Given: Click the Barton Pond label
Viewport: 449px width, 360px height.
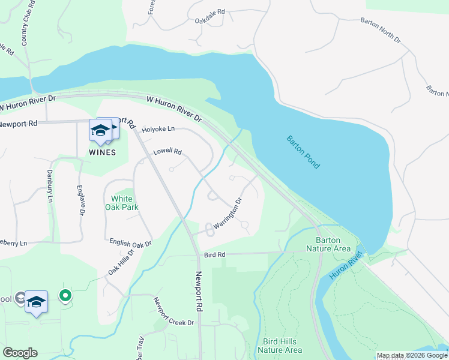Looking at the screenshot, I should (303, 152).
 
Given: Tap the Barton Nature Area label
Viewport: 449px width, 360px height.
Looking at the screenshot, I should (328, 244).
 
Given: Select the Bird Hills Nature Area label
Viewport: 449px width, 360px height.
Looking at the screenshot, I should (279, 346).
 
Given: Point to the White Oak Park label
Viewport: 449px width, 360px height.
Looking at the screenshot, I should (125, 203).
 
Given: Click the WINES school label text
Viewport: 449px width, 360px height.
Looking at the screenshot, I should (102, 152).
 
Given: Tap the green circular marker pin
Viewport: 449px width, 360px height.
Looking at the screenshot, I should (65, 295).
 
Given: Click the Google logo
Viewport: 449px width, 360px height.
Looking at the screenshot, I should (20, 353).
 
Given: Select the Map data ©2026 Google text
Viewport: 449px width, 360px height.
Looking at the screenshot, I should (412, 355).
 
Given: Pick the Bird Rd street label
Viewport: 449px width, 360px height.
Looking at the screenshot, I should (214, 254).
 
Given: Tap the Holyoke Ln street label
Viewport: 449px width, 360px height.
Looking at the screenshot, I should (158, 129).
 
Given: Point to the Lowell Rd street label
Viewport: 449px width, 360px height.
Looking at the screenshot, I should (167, 152).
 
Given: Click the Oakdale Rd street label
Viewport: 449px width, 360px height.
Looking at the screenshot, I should (209, 11).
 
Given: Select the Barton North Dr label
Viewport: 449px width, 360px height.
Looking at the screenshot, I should (380, 29).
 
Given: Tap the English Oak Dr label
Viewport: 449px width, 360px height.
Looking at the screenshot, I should (130, 243).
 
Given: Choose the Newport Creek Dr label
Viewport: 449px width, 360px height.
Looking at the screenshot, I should (174, 311).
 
